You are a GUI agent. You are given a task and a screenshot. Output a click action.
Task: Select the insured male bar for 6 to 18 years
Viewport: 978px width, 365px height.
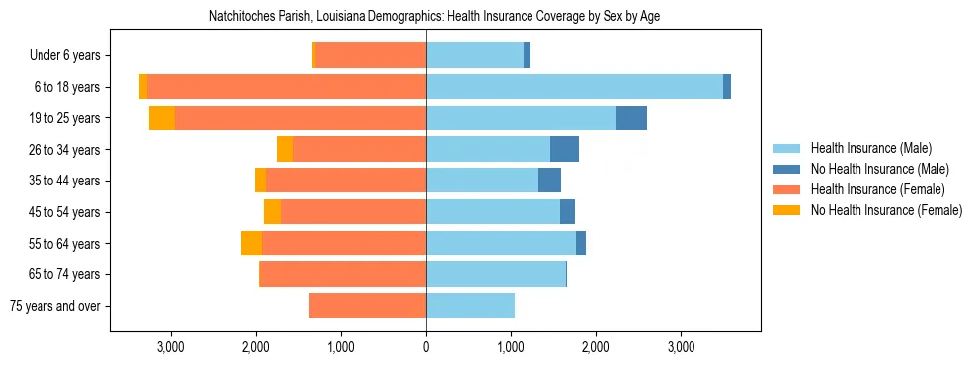coord(574,87)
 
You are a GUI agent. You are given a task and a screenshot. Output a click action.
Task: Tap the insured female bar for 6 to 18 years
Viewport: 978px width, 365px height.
coord(286,87)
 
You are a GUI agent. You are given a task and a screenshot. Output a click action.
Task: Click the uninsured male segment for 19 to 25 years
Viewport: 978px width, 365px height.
coord(631,118)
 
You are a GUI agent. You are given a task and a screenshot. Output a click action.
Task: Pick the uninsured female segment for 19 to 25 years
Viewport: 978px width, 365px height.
coord(162,118)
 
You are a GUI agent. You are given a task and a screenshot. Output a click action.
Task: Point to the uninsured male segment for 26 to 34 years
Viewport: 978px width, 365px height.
coord(564,149)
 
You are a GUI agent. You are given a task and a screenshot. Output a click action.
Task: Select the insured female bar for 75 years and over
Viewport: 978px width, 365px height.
coord(367,306)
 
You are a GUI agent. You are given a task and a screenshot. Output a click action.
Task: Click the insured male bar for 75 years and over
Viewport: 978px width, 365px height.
coord(470,306)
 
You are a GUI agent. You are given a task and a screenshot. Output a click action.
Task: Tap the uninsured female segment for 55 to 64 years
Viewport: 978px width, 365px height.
coord(251,244)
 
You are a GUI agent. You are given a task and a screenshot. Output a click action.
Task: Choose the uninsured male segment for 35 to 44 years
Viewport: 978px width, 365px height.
coord(549,181)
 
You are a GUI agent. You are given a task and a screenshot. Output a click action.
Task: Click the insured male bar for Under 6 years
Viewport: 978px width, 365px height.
coord(474,55)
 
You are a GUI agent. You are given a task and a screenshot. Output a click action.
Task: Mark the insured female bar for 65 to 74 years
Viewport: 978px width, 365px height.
coord(343,274)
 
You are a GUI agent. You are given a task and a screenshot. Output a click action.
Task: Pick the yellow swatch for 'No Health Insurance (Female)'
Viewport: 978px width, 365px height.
coord(786,210)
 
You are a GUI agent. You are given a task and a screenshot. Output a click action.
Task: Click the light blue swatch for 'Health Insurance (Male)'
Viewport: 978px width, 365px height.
coord(786,148)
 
